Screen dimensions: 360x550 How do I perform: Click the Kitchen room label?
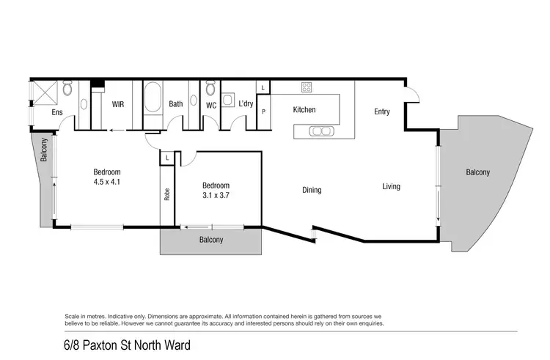click(304, 110)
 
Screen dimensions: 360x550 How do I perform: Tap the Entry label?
click(381, 112)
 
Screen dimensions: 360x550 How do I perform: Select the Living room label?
click(391, 187)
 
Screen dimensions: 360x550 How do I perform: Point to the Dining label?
click(312, 191)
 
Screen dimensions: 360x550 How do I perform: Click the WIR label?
click(117, 105)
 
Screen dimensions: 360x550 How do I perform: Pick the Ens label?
click(56, 113)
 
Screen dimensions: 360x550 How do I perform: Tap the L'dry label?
click(246, 105)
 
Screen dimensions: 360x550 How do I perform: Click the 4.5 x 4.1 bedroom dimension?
click(107, 181)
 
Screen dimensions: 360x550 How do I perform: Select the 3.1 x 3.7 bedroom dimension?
click(216, 195)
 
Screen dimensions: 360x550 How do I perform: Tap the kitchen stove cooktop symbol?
click(306, 87)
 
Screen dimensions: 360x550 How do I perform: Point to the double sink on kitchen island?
click(320, 131)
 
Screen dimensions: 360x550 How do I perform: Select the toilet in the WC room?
click(210, 89)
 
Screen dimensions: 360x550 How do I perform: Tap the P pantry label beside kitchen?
click(263, 112)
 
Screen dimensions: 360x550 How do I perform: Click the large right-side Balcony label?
click(477, 173)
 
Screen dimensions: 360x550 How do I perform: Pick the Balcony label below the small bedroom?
click(210, 240)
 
